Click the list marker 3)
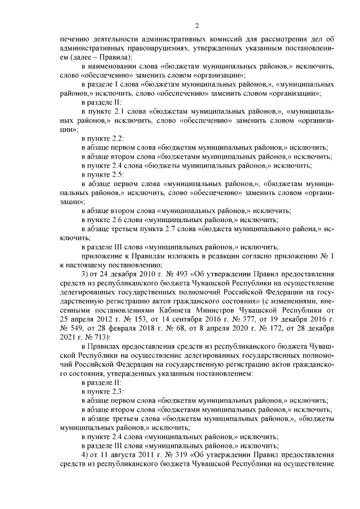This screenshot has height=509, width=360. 85,274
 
